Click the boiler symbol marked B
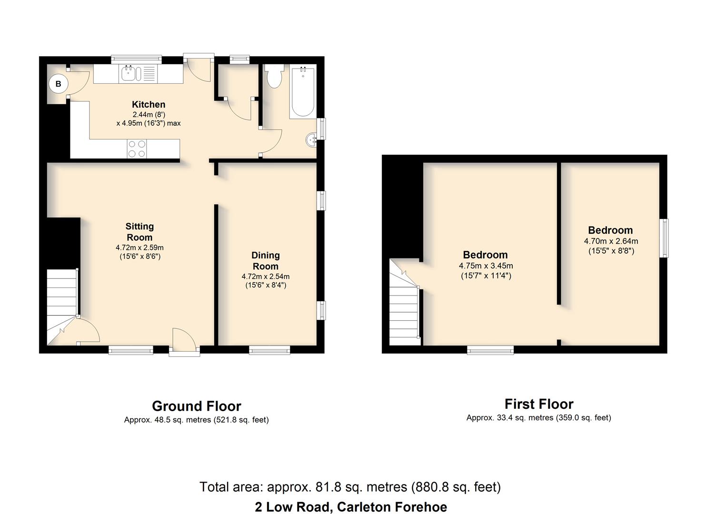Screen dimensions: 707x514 (59, 84)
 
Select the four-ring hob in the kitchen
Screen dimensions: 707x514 (137, 148)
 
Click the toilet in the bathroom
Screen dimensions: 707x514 (274, 76)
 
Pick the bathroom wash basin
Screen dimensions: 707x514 (311, 140)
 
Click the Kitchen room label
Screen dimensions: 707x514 (149, 104)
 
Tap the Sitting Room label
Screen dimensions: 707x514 (139, 232)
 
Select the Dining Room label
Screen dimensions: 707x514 (266, 261)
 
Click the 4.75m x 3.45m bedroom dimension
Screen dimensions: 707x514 (486, 266)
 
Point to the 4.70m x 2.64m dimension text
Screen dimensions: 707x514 (611, 241)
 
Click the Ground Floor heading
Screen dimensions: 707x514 (197, 406)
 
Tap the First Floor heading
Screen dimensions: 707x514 (539, 404)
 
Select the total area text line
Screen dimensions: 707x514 (350, 487)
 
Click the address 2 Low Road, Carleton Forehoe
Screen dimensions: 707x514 (351, 507)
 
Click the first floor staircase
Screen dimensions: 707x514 (404, 302)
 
